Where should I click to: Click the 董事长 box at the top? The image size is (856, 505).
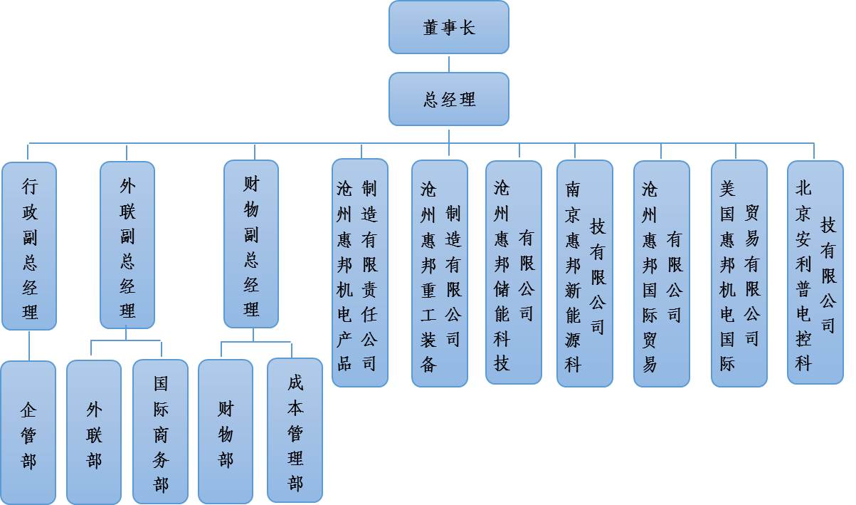coord(448,27)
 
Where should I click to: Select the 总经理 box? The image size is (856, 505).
coord(448,99)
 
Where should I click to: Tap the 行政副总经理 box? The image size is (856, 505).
coord(29,246)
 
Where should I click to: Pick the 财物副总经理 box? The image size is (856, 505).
coord(251,244)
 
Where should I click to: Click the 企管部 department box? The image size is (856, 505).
coord(28,432)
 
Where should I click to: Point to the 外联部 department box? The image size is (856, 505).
coord(94,432)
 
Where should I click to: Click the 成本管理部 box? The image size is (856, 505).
coord(295,430)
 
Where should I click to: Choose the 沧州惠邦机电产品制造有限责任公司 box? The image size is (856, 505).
coord(360,273)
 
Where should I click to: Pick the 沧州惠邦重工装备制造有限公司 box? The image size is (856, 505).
coord(440,274)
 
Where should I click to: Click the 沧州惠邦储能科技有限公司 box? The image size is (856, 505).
coord(514,272)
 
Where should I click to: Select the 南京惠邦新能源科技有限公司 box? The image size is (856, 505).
coord(585,274)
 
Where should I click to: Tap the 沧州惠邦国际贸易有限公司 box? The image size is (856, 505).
coord(662,274)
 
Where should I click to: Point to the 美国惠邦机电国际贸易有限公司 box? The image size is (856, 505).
coord(739,274)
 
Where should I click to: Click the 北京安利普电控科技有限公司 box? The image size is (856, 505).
coord(815,272)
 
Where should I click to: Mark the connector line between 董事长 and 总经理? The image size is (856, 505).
coord(449,63)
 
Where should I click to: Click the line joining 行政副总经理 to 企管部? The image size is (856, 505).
coord(29,345)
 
